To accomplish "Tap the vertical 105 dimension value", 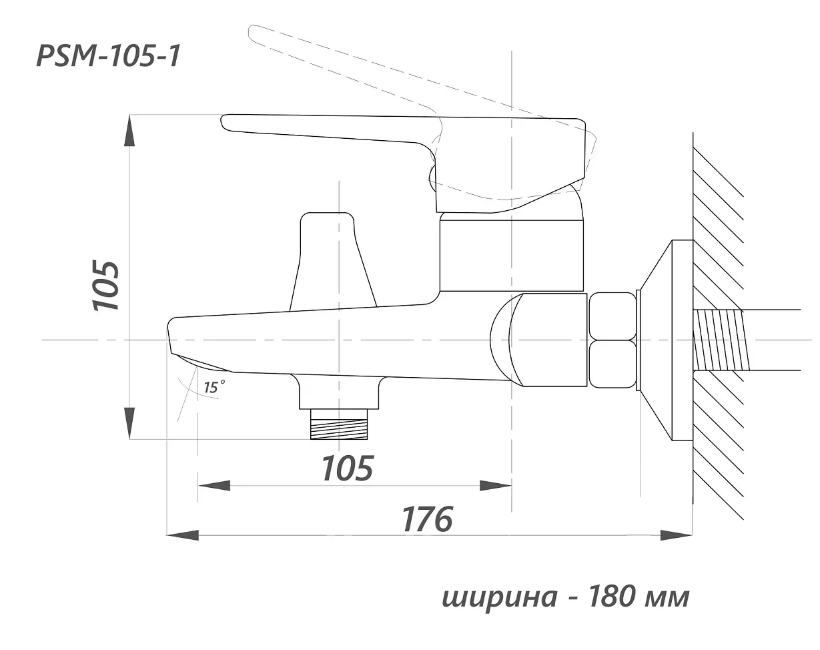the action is pyautogui.click(x=105, y=286).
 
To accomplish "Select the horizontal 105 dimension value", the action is pyautogui.click(x=348, y=468).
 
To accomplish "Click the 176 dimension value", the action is pyautogui.click(x=428, y=519).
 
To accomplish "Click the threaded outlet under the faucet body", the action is pyautogui.click(x=339, y=424).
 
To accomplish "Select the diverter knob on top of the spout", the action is pyautogui.click(x=333, y=262).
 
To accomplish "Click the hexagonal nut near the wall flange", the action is pyautogui.click(x=612, y=340).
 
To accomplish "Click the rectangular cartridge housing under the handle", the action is pyautogui.click(x=511, y=253).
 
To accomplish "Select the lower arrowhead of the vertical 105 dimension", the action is pyautogui.click(x=129, y=424).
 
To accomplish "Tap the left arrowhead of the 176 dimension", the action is pyautogui.click(x=183, y=535).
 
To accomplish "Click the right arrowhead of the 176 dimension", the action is pyautogui.click(x=677, y=535).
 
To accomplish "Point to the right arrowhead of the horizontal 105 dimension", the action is pyautogui.click(x=495, y=486).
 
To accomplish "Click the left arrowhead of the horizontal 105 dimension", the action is pyautogui.click(x=214, y=486).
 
